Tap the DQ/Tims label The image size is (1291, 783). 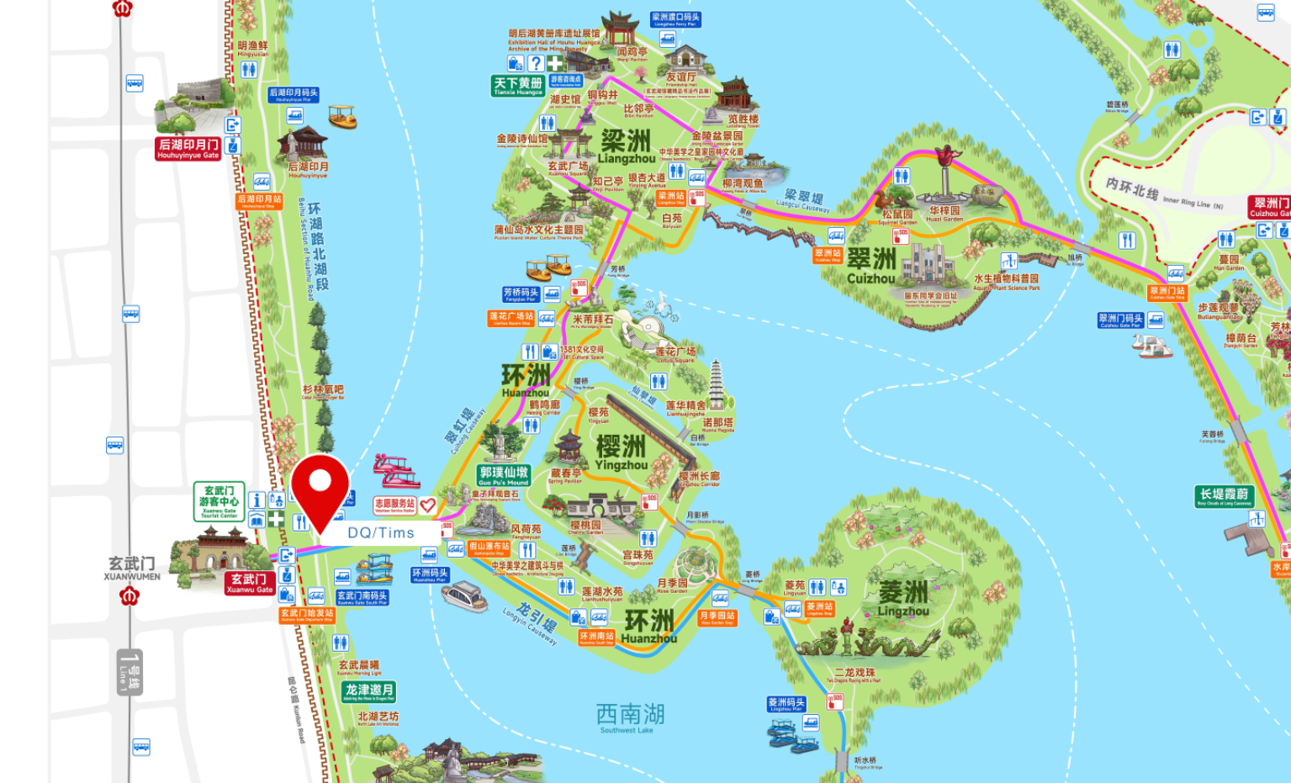pos(381,532)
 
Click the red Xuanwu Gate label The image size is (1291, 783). pos(250,583)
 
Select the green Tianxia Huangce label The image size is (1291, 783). pos(518,86)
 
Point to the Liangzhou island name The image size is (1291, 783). pos(627,147)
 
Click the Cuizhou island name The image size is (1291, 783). pos(871,266)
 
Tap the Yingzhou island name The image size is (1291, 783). pos(622,452)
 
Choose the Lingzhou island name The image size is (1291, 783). pos(903,598)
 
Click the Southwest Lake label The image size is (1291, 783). pos(630,717)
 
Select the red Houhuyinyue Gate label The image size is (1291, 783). pos(188,148)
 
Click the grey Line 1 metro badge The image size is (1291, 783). pos(130,672)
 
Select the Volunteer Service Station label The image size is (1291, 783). pos(394,505)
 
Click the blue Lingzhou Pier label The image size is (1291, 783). pos(786,704)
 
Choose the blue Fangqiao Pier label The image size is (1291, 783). pos(521,294)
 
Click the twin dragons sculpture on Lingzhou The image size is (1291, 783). pos(866,643)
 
